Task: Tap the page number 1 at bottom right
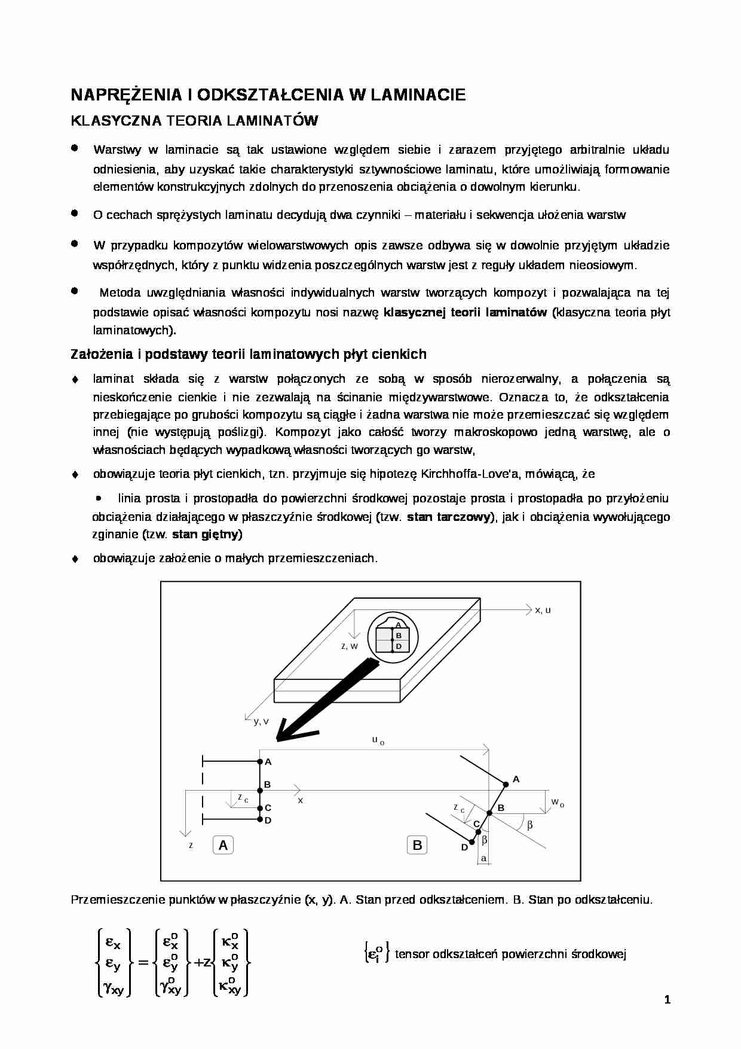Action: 667,999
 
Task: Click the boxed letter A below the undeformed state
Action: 223,845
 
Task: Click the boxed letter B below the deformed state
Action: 417,845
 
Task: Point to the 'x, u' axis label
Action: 543,610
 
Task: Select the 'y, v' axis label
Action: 261,721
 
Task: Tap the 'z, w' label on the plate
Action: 349,646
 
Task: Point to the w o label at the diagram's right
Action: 557,802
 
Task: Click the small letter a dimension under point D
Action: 483,859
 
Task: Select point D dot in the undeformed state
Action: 260,819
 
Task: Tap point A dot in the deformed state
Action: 506,783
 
